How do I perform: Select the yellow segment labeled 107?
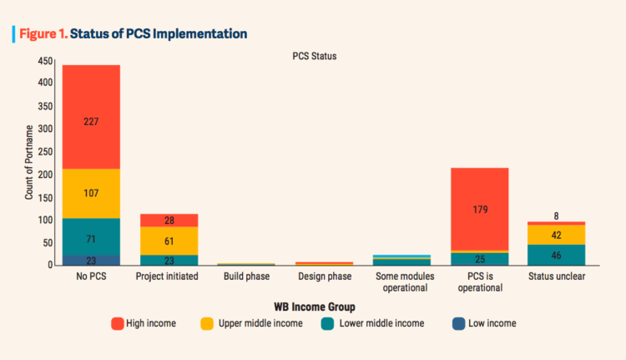(x=91, y=194)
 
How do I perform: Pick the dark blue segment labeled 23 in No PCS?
(x=91, y=260)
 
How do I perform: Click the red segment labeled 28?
(x=169, y=220)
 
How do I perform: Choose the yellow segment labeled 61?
(x=169, y=241)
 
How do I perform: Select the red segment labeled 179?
(x=479, y=209)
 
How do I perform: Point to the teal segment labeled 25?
(x=479, y=259)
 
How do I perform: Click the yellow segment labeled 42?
(x=557, y=235)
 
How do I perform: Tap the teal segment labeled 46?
(x=557, y=255)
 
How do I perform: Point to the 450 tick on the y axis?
(x=47, y=62)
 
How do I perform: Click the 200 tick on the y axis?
(x=47, y=175)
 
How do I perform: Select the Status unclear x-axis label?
(x=557, y=276)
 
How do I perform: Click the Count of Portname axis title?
(x=28, y=163)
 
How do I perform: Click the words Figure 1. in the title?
(x=41, y=34)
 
